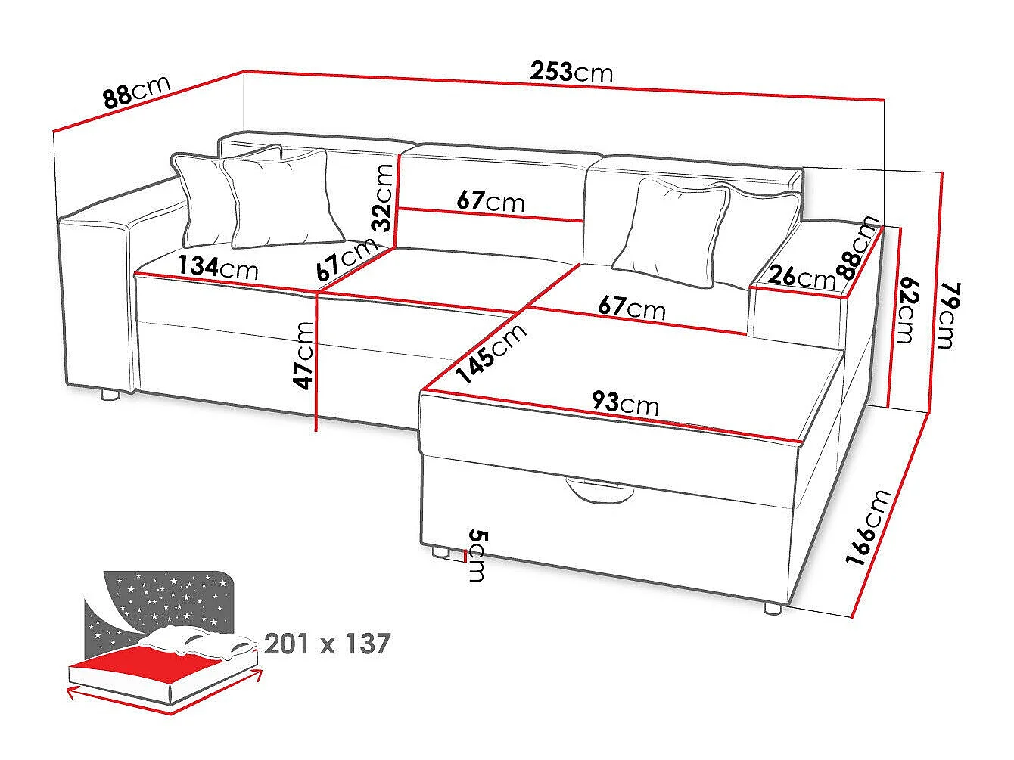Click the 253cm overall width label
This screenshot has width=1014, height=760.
[x=571, y=72]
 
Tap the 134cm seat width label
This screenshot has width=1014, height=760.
[x=218, y=268]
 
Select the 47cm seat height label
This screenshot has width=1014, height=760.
[x=304, y=355]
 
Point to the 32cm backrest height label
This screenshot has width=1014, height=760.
[x=382, y=197]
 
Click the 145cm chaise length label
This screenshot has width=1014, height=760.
[x=490, y=353]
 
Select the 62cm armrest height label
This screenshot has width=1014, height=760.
[x=907, y=309]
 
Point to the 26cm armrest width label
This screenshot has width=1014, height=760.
[x=802, y=278]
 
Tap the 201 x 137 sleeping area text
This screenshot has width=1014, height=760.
[x=328, y=644]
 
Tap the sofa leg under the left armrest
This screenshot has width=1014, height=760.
[x=110, y=394]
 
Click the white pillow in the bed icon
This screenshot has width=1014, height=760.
[x=199, y=641]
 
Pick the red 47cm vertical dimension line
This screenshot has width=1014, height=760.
[x=316, y=361]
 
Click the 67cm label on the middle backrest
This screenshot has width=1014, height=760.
[x=490, y=201]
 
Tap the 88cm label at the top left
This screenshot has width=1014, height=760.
[x=137, y=93]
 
